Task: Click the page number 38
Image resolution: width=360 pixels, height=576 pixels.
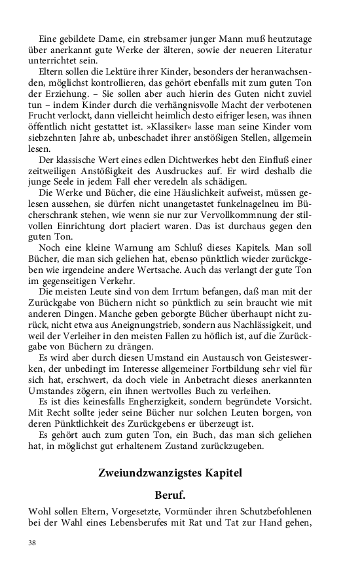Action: click(x=32, y=543)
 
